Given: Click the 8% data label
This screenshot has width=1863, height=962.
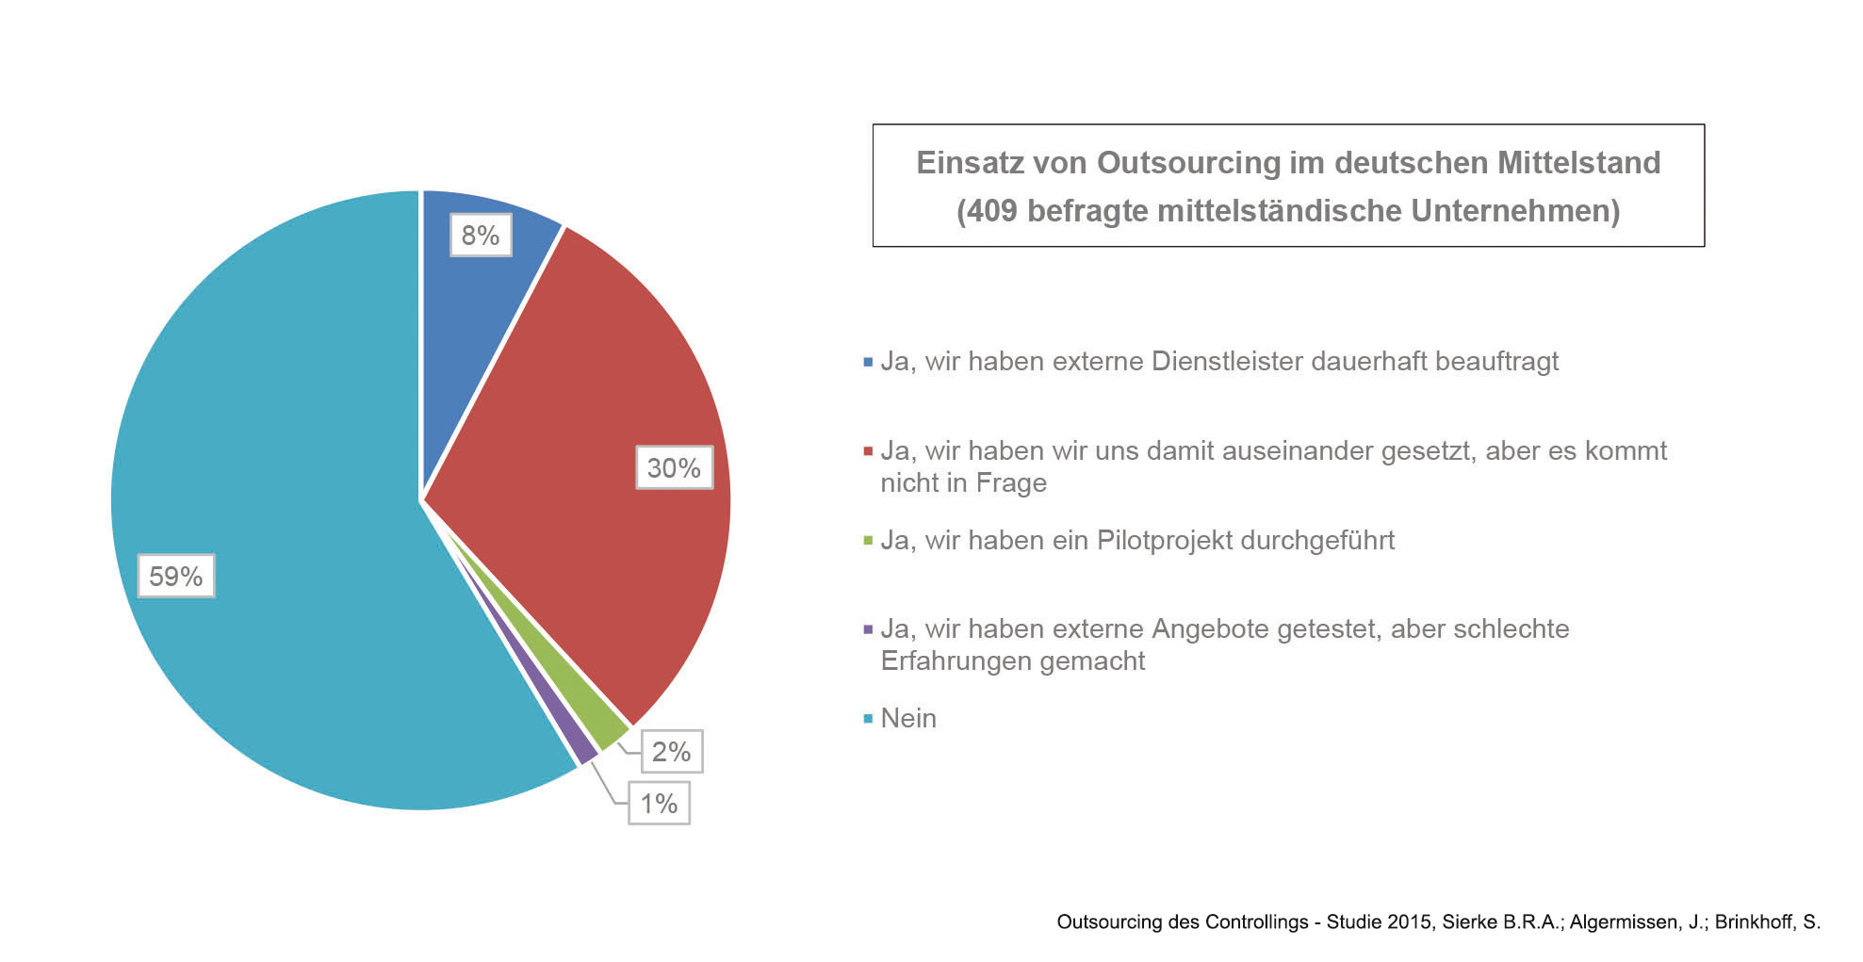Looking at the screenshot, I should (481, 235).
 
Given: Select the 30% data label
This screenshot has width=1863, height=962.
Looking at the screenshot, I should (674, 468).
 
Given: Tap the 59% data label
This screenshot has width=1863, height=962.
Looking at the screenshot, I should (176, 576).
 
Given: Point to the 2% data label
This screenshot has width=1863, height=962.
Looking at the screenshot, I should (671, 752).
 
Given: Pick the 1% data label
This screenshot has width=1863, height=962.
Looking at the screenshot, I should (659, 804).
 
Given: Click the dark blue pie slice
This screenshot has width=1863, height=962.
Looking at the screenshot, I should (471, 283).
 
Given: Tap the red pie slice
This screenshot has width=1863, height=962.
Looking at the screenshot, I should (584, 452).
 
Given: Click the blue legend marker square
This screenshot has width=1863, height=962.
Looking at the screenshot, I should (868, 362).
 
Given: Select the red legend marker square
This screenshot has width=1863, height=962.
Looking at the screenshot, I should (868, 451).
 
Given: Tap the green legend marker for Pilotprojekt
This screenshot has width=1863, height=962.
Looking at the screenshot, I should (868, 541).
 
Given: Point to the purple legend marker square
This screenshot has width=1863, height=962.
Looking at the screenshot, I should (868, 629).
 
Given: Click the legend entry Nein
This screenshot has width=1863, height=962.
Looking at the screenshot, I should (907, 719).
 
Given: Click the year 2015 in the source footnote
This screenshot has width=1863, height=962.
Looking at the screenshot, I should (1410, 922).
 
